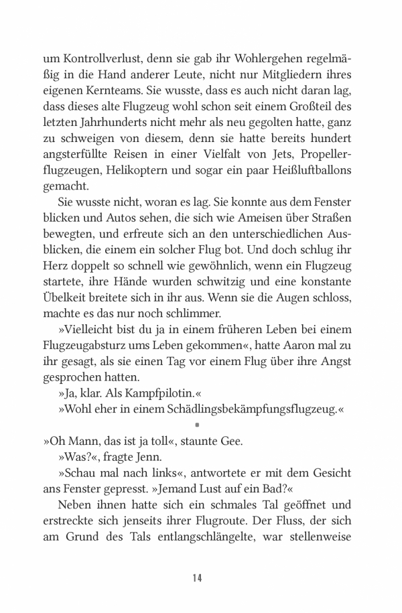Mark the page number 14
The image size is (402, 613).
click(197, 578)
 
